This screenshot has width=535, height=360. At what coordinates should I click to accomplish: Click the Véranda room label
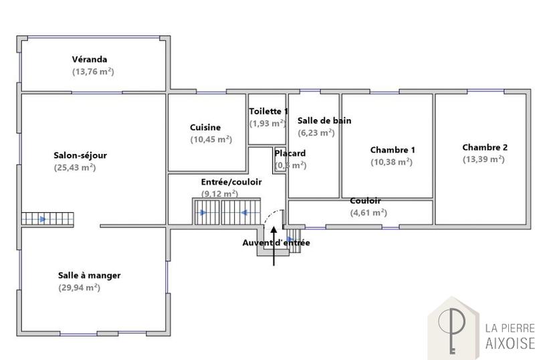click(x=90, y=60)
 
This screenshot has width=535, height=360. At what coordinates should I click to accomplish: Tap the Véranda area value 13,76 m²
click(x=93, y=71)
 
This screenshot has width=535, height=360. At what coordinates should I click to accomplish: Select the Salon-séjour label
click(x=80, y=155)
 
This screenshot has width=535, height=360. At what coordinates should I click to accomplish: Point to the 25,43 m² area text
click(x=75, y=167)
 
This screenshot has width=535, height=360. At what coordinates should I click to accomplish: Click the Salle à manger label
click(x=89, y=275)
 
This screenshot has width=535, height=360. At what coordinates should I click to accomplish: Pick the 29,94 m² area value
click(x=79, y=287)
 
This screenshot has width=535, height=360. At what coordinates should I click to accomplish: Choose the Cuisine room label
click(x=205, y=127)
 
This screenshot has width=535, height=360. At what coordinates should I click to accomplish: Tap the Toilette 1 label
click(x=268, y=111)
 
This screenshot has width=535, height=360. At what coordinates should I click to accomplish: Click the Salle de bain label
click(x=324, y=120)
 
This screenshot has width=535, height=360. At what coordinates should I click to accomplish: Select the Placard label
click(x=290, y=153)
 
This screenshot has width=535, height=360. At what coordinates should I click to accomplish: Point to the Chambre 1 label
click(x=393, y=150)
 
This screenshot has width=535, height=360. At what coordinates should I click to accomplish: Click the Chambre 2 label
click(x=485, y=147)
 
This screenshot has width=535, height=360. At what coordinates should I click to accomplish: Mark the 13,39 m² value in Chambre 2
click(x=484, y=159)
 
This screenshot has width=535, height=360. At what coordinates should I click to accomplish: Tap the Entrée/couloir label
click(x=231, y=182)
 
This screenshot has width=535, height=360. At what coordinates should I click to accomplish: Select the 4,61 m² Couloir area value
click(x=368, y=213)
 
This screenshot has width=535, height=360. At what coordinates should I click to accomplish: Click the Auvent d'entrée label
click(x=276, y=243)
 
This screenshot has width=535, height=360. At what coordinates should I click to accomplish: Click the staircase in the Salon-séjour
click(x=47, y=219)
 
